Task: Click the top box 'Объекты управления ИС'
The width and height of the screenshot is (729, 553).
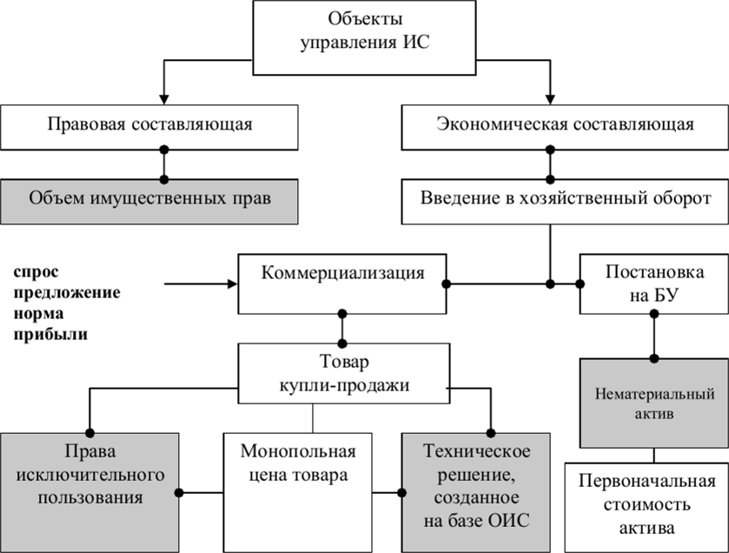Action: [364, 37]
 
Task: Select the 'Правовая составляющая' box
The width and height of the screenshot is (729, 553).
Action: [149, 127]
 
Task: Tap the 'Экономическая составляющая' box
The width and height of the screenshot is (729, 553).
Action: [565, 127]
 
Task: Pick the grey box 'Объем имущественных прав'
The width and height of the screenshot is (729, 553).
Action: [149, 202]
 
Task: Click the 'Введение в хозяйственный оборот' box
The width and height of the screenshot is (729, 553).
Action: [565, 202]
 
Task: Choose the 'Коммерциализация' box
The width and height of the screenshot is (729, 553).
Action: [342, 283]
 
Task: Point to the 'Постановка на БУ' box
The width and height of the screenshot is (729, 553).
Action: [654, 283]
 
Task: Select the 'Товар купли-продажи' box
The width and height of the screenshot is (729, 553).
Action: [344, 374]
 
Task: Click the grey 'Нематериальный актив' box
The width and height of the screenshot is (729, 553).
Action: [654, 403]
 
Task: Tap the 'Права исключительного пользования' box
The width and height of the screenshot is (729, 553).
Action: [89, 493]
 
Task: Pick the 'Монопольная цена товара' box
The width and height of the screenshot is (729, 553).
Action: [297, 493]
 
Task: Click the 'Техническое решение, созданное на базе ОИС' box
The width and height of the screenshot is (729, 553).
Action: [476, 493]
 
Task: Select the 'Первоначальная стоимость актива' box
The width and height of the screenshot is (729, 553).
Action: [646, 508]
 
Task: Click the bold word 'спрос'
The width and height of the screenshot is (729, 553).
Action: [36, 271]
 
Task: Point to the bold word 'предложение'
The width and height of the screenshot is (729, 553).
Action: [67, 292]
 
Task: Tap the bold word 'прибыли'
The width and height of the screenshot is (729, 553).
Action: [50, 335]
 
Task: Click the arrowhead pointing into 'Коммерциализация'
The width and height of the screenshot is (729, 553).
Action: [233, 283]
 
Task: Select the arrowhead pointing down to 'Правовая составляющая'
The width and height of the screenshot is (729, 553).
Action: [163, 99]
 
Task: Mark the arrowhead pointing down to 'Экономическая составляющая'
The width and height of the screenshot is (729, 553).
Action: [550, 99]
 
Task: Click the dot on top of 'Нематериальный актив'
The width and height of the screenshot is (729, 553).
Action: [654, 358]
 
